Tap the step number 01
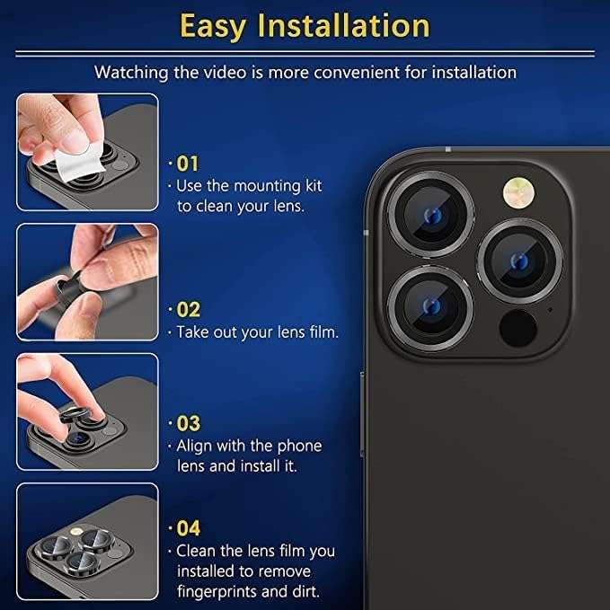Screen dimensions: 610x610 pos(187,164)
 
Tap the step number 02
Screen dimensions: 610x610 pos(188,310)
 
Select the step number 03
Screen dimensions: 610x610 pos(188,423)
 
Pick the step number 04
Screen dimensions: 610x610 pos(188,528)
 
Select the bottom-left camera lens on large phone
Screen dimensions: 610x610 pos(432,306)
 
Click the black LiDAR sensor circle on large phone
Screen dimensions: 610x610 pos(518,328)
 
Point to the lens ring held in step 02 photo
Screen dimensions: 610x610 pos(63,288)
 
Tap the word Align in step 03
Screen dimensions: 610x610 pos(196,446)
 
